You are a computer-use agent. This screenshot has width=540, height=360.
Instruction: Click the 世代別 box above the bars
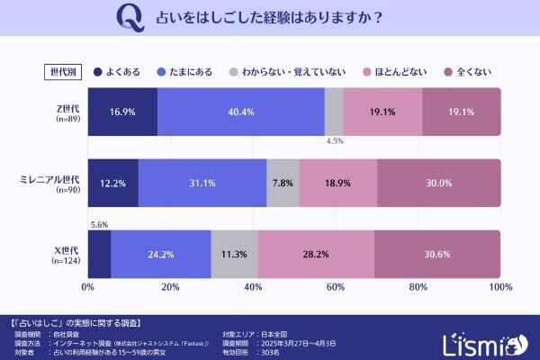[61, 71]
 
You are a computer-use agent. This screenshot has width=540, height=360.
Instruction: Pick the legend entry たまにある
[184, 71]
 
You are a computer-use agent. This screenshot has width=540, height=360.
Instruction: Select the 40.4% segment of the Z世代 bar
[240, 112]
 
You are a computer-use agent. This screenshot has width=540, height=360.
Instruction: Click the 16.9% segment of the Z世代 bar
[122, 112]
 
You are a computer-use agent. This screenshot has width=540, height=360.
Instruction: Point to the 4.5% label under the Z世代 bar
[334, 141]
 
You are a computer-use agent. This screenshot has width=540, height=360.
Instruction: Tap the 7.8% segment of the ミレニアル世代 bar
[283, 183]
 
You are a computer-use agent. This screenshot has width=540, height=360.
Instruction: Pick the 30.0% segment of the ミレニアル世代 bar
[438, 183]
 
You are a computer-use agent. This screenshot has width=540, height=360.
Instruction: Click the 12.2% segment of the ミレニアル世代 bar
[112, 183]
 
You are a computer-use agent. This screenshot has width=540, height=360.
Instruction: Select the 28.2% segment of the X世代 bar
[315, 254]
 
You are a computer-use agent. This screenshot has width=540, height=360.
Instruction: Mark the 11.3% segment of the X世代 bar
[234, 254]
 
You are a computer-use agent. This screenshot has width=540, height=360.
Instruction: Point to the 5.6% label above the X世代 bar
[98, 225]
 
